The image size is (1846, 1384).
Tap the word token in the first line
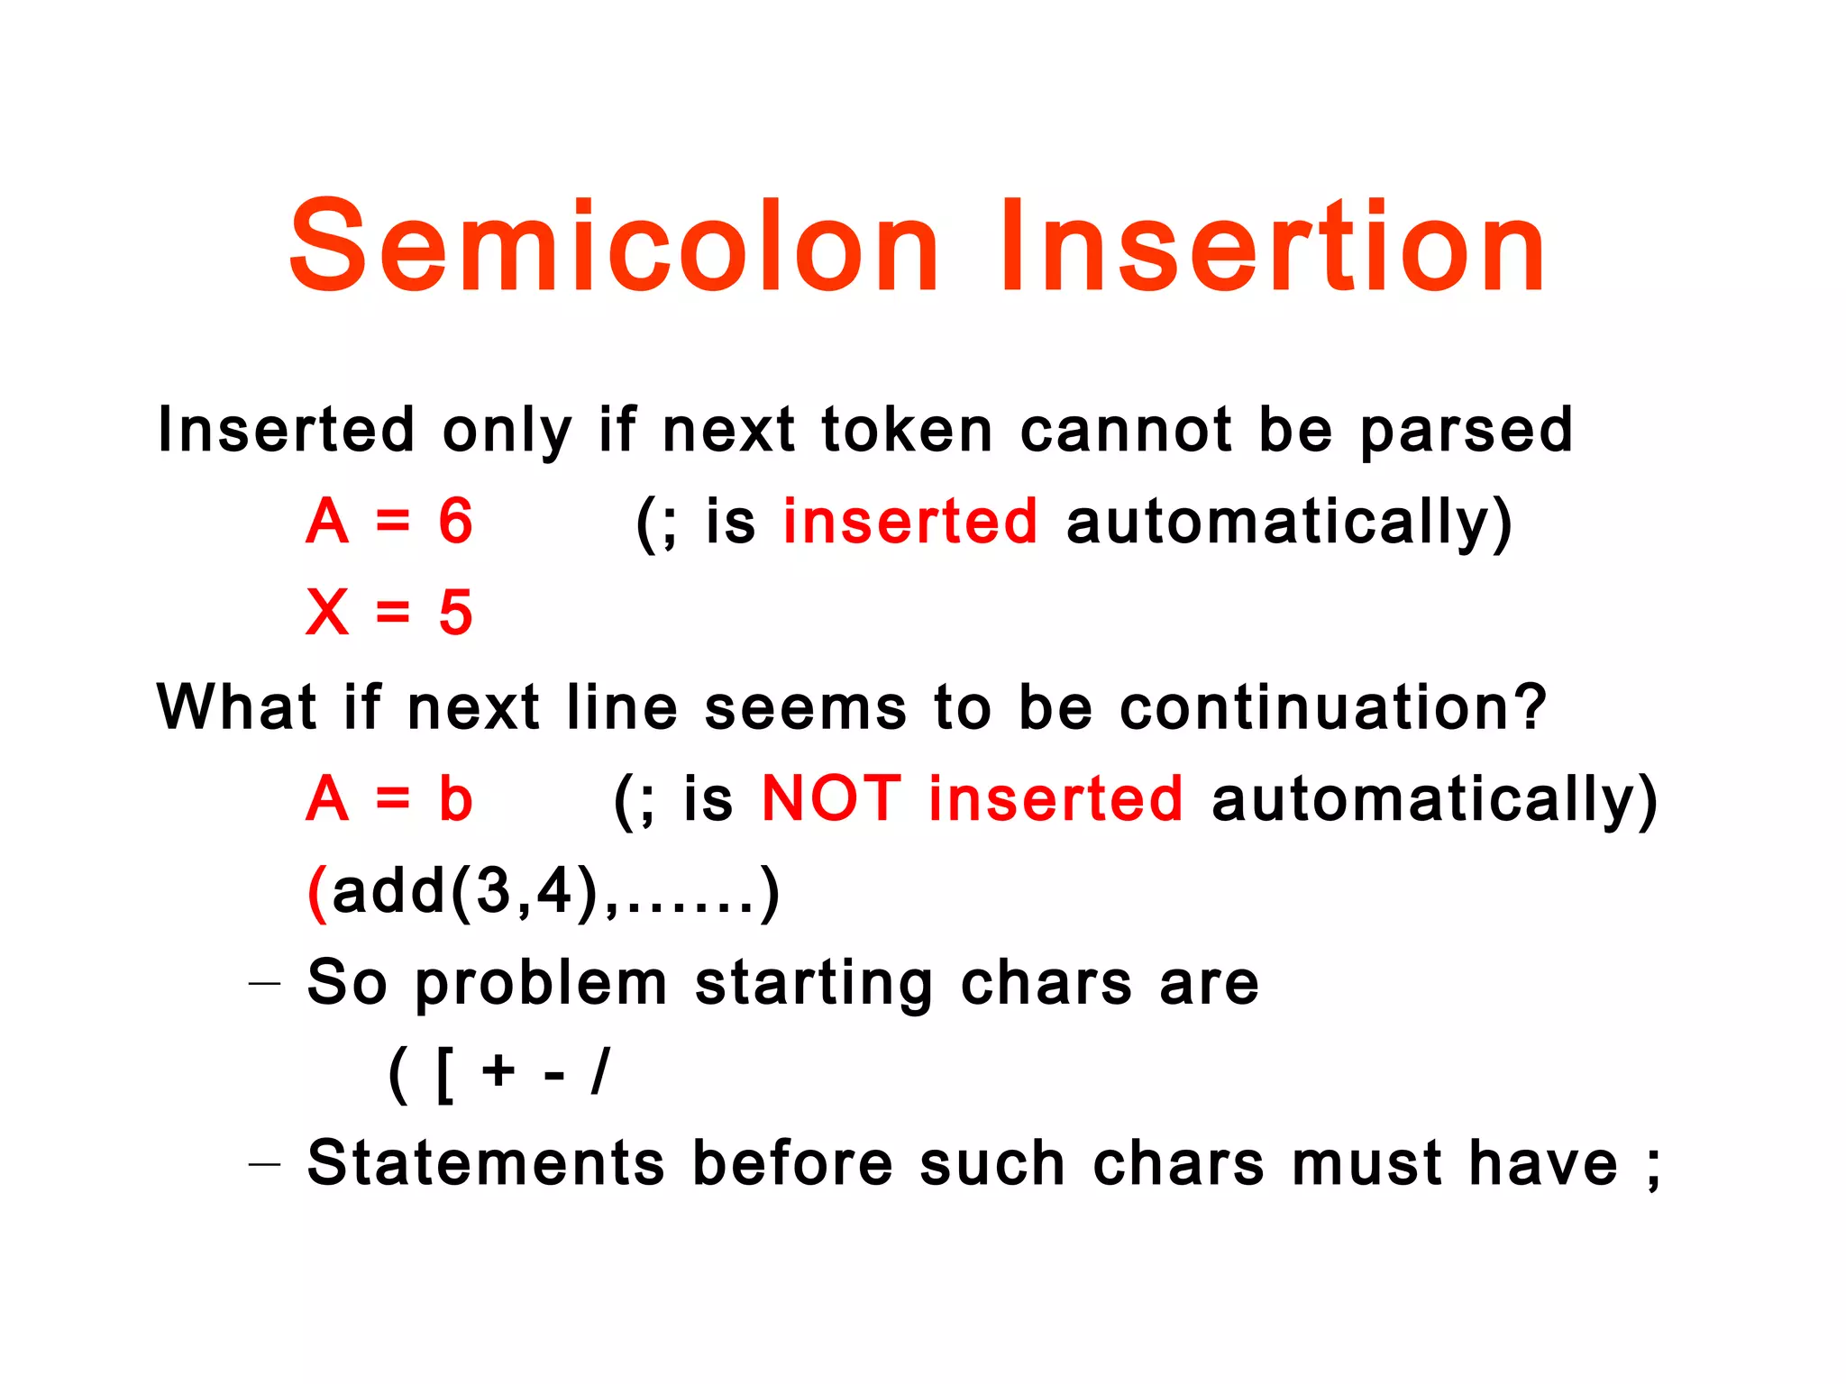(907, 430)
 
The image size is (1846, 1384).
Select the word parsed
(1466, 432)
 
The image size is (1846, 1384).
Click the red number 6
(455, 522)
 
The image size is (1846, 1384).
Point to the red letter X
(327, 613)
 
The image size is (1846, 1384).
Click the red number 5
(455, 613)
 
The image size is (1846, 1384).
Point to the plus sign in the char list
(498, 1072)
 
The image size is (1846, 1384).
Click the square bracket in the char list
(443, 1074)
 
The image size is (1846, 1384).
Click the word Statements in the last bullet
(486, 1163)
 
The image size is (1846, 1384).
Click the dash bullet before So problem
(264, 984)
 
